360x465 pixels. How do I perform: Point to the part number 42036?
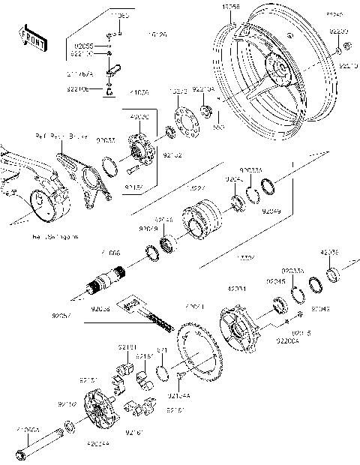point(330,253)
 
